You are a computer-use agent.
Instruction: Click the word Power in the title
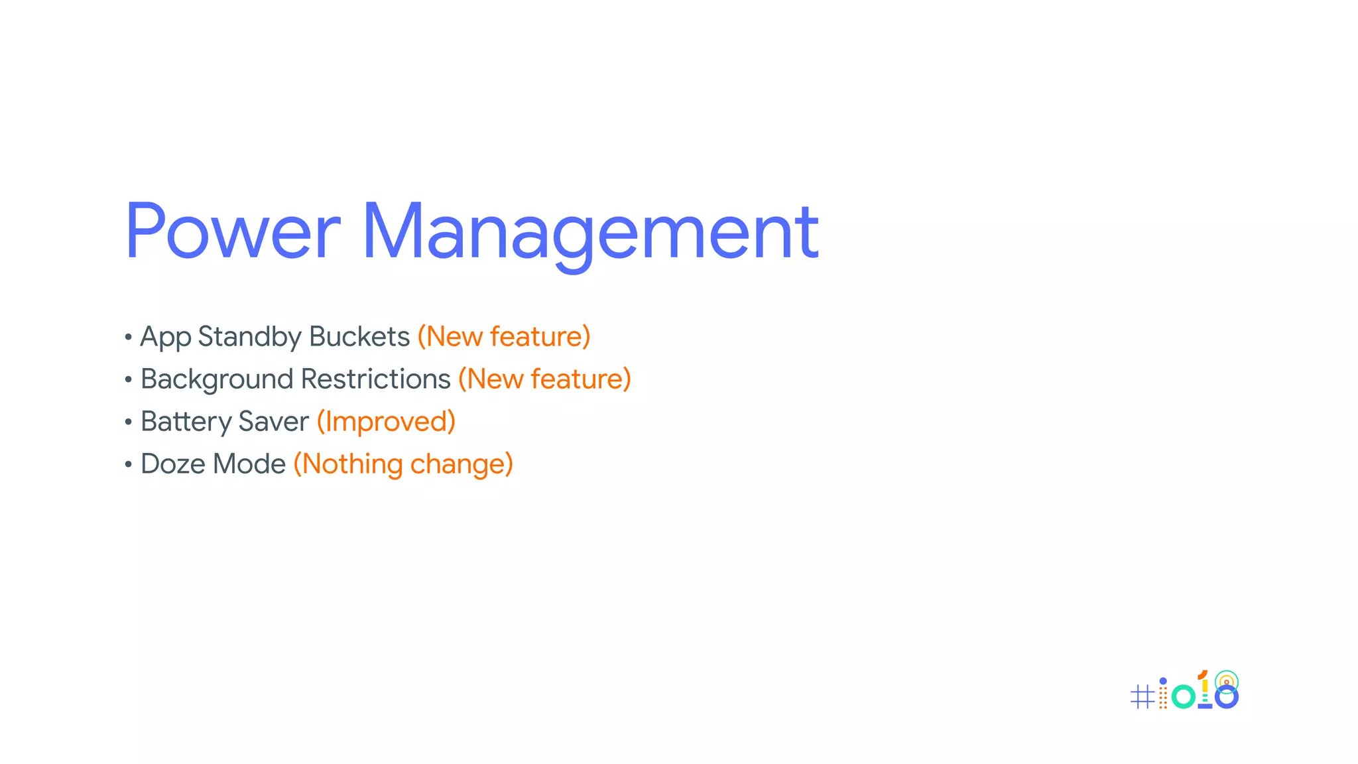232,231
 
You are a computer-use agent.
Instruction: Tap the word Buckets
359,337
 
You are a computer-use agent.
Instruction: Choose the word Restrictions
375,379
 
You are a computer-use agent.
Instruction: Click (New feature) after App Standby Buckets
504,337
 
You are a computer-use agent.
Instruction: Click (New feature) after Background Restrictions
544,379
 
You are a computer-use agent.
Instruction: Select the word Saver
273,422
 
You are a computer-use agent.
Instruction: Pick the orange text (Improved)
386,422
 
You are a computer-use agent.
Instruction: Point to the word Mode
249,464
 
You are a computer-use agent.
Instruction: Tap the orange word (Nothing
347,465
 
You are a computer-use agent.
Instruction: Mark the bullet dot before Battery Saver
128,422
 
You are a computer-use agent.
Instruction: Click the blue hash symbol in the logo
1142,697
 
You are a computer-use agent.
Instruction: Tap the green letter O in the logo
1183,696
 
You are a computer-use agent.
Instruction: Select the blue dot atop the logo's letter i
1163,681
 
